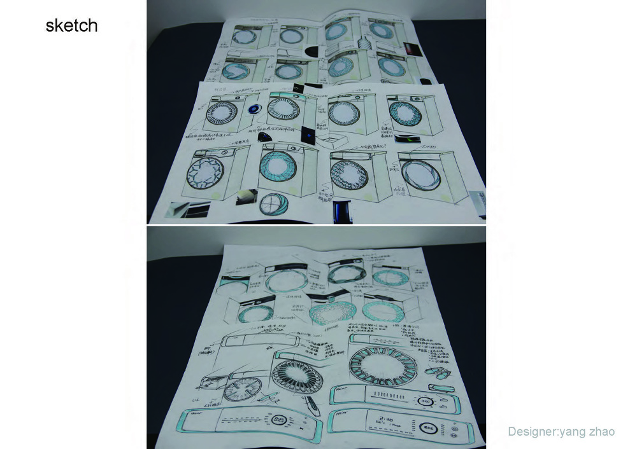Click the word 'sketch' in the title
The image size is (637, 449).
pos(71,26)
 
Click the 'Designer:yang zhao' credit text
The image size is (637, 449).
pos(561,432)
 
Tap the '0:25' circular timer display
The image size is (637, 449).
pos(278,420)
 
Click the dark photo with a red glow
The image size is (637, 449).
pos(409,49)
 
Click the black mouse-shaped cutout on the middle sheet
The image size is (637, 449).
pos(265,137)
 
